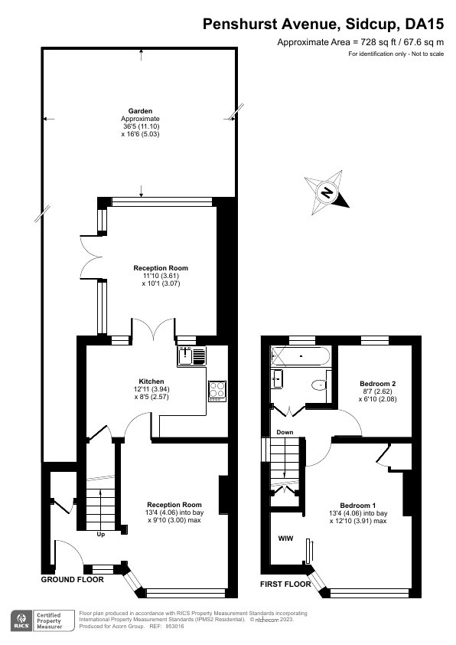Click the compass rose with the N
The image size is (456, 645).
(x=327, y=192)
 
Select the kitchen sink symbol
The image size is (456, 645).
(x=188, y=355)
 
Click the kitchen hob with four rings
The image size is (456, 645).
(x=217, y=391)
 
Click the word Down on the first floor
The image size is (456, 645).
(x=285, y=432)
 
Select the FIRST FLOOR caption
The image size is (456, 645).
(x=285, y=584)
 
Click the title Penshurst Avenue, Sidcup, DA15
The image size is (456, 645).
(x=322, y=25)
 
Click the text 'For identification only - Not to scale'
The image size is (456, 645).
(x=395, y=54)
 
